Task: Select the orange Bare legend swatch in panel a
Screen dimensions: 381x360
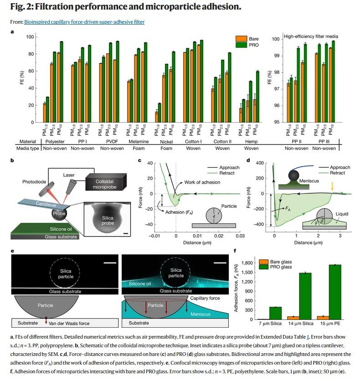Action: coord(241,39)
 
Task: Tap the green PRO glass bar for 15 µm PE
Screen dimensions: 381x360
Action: coord(335,292)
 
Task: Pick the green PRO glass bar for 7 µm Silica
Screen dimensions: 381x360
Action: coord(275,313)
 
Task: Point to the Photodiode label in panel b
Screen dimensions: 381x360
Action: coord(34,182)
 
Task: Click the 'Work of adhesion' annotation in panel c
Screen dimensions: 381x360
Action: coord(202,183)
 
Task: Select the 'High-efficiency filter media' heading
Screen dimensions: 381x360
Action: coord(311,36)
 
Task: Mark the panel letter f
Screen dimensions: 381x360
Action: coord(234,250)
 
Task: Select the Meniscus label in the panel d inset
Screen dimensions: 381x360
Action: coord(310,181)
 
